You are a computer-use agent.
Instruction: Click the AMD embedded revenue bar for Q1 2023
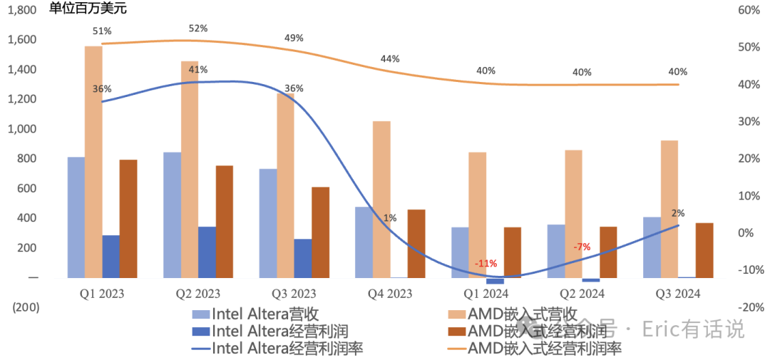93,162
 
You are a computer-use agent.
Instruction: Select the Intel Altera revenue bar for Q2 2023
172,215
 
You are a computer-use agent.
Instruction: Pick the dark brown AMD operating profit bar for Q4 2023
416,244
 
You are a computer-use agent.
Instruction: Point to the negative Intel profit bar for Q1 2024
495,281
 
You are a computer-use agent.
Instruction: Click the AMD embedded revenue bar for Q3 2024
669,209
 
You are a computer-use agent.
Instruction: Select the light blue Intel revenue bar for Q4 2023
364,242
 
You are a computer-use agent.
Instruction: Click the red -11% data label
486,263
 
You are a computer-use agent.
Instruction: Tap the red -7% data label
582,247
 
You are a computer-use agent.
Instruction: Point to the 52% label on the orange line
198,29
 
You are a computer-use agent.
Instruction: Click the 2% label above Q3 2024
678,213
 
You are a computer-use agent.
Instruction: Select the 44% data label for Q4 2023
390,59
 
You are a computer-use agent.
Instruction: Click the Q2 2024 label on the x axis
582,294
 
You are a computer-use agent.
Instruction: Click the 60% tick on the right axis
748,10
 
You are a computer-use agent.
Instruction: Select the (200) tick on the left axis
24,307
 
